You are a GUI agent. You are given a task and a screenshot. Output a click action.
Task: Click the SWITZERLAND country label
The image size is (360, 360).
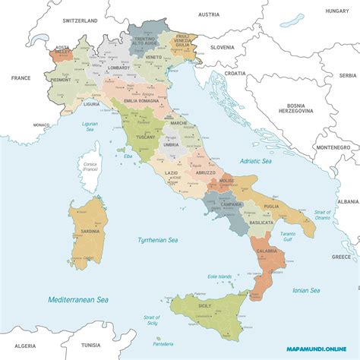point(80,21)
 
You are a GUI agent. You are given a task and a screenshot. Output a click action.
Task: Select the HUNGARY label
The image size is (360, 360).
point(336,11)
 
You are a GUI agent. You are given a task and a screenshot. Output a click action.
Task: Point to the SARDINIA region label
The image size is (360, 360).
point(90,231)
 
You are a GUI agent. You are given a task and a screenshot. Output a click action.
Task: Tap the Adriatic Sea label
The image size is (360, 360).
point(255,161)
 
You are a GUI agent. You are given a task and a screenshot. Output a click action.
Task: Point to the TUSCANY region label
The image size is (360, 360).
point(146,138)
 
